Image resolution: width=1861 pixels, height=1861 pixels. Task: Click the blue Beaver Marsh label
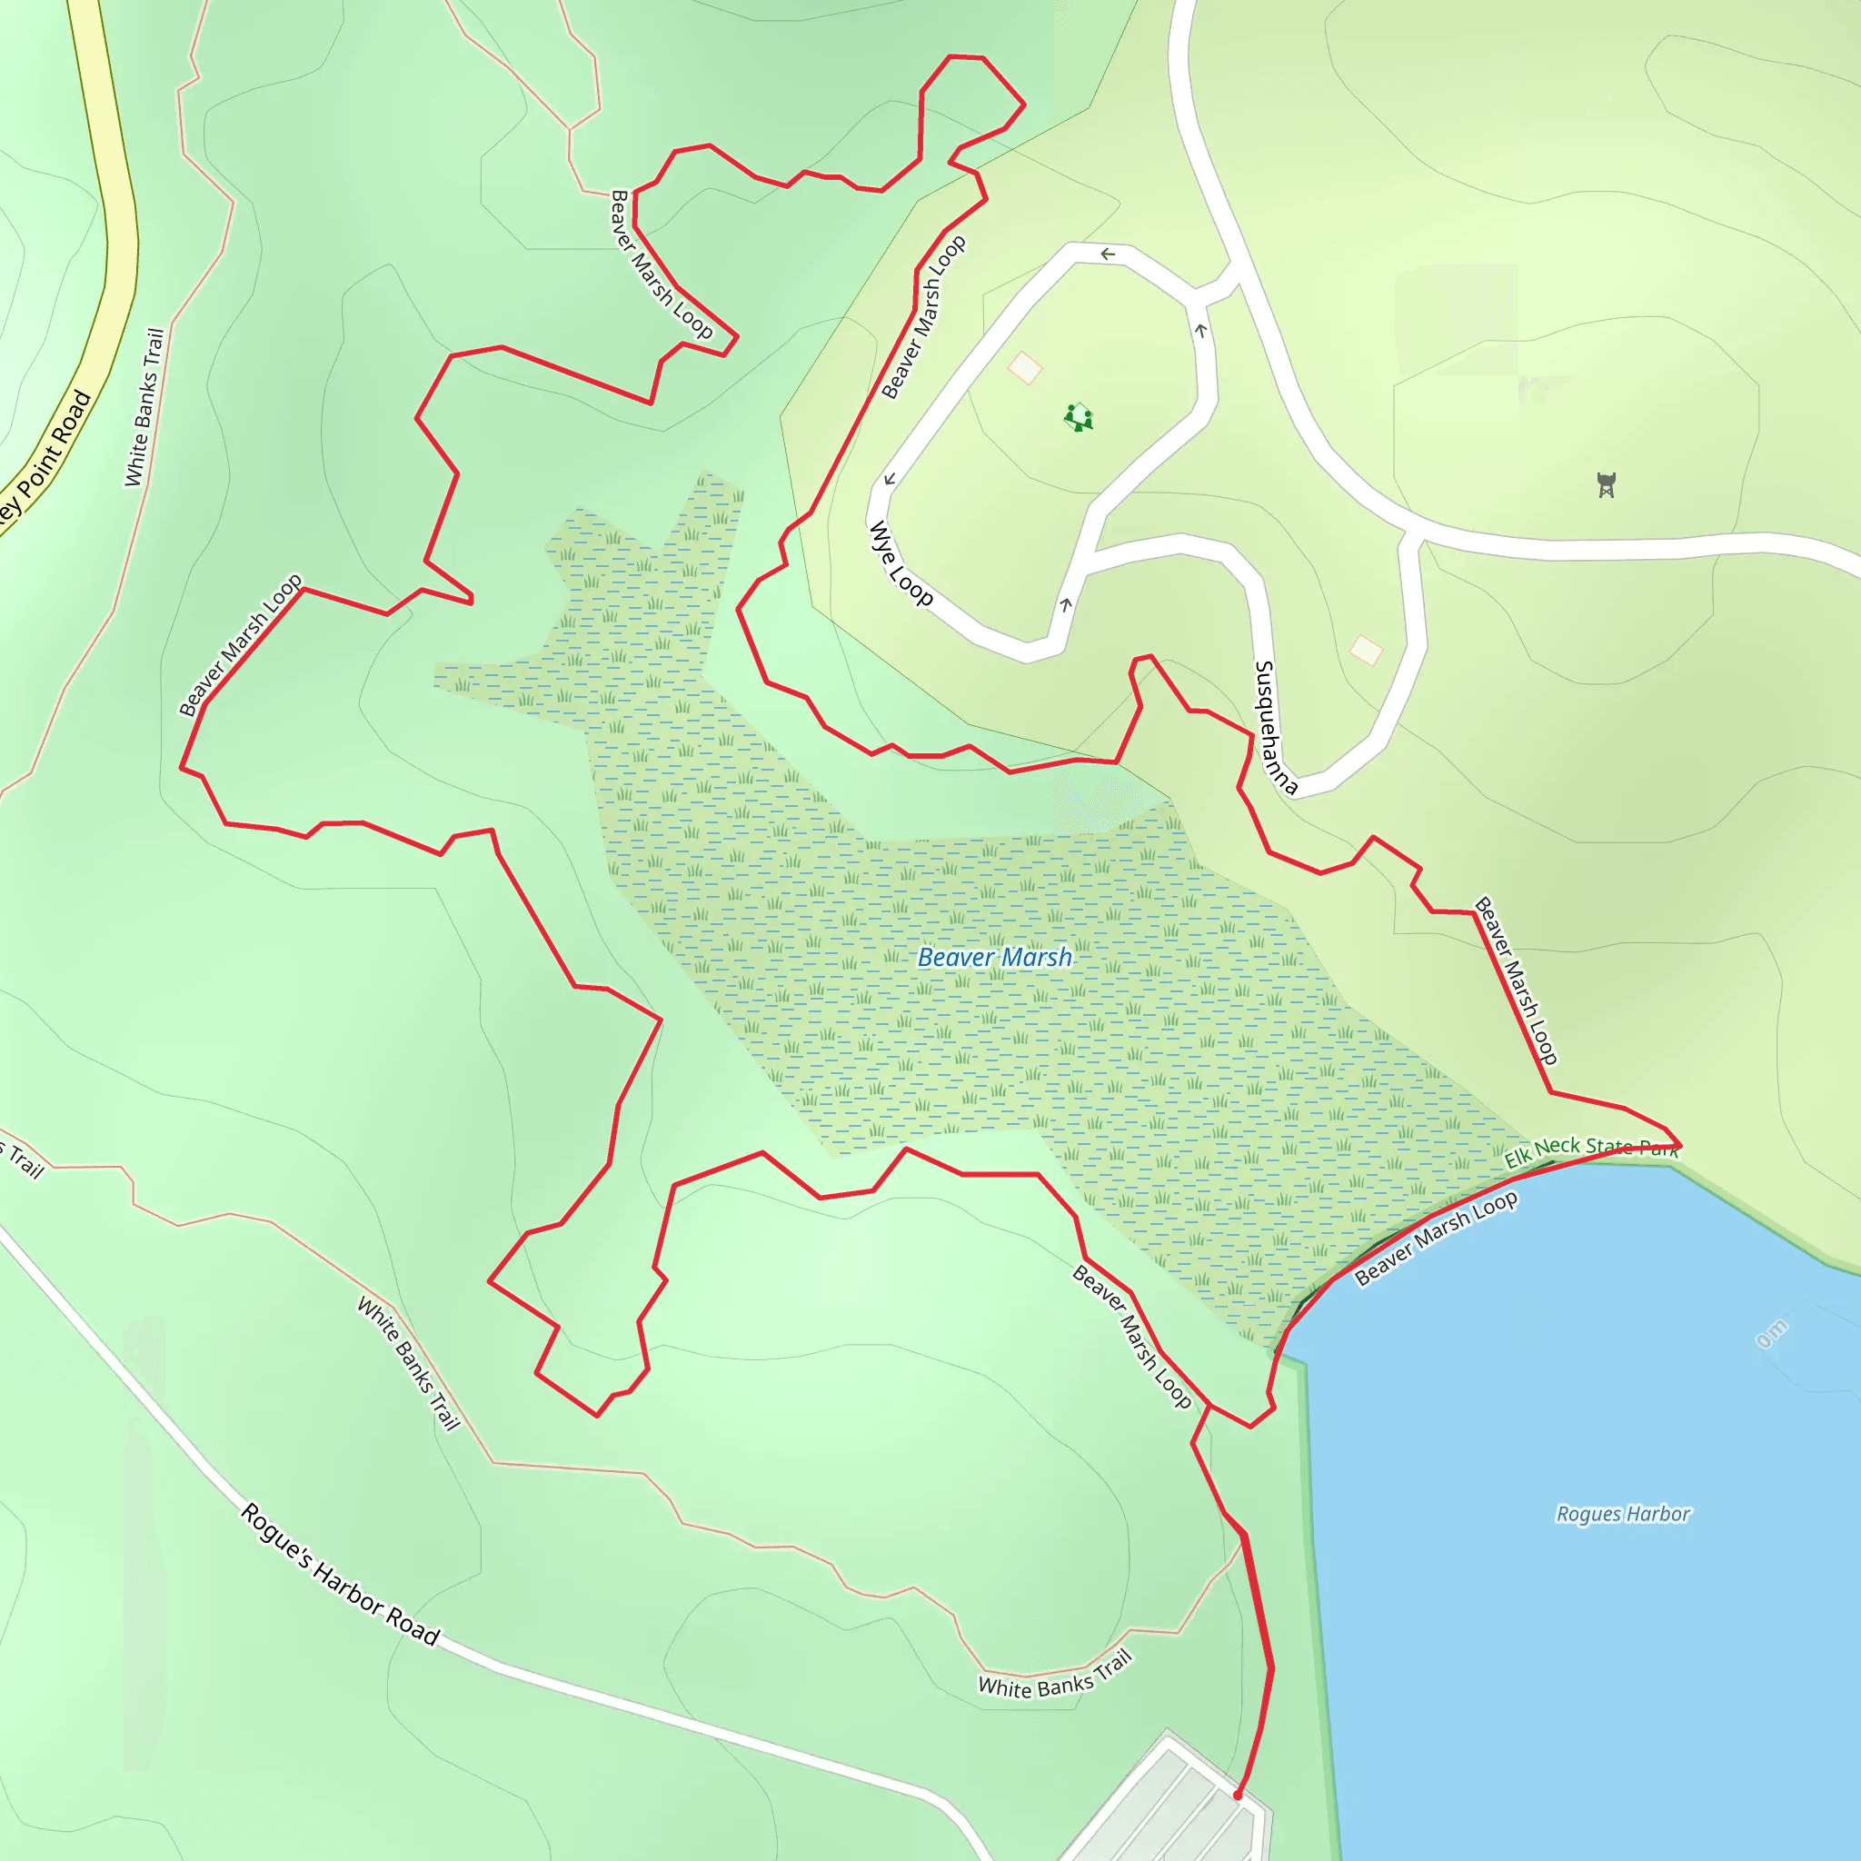tap(994, 958)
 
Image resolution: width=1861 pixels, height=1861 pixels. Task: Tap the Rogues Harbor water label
tap(1623, 1514)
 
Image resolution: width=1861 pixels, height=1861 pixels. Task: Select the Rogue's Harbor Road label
tap(339, 1574)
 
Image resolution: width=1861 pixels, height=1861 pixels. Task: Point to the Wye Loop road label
tap(901, 563)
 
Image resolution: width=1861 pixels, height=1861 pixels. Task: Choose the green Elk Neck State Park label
tap(1591, 1149)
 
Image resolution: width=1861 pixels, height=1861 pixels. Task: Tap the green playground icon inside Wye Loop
tap(1079, 418)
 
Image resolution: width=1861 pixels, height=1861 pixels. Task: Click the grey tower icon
tap(1606, 484)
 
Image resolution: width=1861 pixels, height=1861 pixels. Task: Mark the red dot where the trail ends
tap(1238, 1796)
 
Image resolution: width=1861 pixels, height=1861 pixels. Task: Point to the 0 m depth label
tap(1771, 1334)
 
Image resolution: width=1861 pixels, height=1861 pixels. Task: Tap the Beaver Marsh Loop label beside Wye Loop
tap(923, 317)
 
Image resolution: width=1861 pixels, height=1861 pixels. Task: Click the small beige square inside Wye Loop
tap(1025, 367)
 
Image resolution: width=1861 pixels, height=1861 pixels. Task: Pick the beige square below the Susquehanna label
tap(1366, 651)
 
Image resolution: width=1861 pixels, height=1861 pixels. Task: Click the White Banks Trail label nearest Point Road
tap(144, 407)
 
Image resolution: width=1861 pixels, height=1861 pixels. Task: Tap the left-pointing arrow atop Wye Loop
tap(1108, 254)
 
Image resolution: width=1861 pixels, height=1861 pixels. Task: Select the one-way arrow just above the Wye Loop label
tap(889, 480)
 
